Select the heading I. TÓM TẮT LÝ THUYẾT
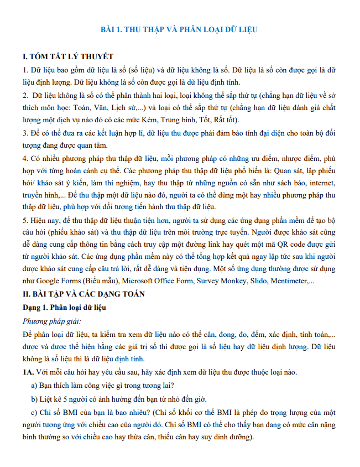(x=68, y=57)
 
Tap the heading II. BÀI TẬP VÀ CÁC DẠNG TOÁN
(x=84, y=294)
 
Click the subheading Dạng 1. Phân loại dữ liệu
(x=64, y=307)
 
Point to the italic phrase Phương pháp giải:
(x=52, y=320)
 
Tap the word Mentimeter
(x=290, y=281)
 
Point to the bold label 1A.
(x=28, y=372)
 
